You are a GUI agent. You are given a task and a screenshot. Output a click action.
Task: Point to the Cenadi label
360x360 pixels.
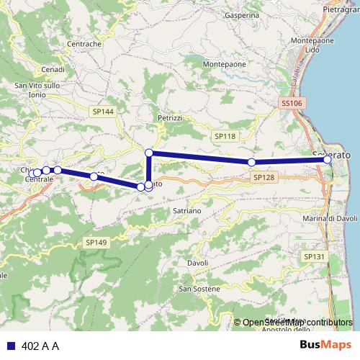53,69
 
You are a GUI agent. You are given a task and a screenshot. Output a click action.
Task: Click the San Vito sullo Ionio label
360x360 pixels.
37,90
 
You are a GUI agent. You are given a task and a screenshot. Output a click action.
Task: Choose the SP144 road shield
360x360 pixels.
103,112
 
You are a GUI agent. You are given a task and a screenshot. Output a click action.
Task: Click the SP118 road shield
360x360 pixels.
225,135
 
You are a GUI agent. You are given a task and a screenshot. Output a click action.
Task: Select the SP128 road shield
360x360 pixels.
264,176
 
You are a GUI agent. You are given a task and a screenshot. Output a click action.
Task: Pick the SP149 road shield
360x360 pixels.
95,242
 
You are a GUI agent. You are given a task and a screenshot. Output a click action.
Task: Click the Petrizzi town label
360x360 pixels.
171,117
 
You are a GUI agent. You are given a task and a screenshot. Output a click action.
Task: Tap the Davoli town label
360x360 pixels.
197,264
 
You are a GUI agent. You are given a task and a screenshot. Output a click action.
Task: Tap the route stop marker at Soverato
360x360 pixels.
328,160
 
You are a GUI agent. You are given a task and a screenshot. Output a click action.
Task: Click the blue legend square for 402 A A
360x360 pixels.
9,346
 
